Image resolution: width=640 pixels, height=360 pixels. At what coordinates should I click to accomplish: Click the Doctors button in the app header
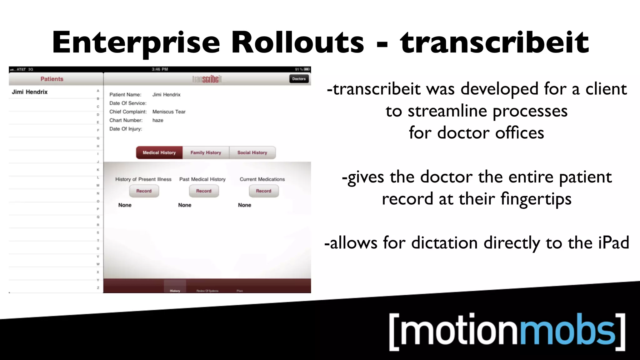coord(299,79)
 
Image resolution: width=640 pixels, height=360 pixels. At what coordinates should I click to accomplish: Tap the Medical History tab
coord(159,152)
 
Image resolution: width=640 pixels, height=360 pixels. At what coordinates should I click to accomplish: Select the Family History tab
coord(206,152)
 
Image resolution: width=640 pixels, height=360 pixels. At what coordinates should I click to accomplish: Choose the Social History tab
coord(252,152)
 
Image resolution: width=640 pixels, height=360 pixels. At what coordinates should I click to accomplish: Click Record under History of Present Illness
coord(144,191)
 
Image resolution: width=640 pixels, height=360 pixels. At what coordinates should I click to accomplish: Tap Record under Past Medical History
coord(204,191)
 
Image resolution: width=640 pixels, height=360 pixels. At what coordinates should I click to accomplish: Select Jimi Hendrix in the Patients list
coord(30,92)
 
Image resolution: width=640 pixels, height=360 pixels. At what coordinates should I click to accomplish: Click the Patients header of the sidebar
coord(52,79)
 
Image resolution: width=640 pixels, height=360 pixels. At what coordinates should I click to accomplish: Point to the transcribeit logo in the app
coord(207,79)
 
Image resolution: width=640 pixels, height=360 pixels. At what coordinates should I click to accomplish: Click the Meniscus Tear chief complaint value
coord(169,112)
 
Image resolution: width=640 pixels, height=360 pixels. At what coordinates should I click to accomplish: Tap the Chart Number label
coord(126,120)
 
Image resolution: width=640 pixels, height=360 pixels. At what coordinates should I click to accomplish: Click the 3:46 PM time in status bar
coord(160,69)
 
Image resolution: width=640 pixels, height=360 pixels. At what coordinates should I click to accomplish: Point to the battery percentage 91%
coord(299,69)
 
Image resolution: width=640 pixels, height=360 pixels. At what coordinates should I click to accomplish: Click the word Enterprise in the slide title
coord(136,43)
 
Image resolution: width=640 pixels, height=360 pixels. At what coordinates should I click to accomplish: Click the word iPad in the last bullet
coord(613,243)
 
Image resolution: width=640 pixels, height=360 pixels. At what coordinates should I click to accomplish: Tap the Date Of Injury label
coord(125,129)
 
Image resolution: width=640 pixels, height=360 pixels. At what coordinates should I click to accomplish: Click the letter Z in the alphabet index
coord(98,288)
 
